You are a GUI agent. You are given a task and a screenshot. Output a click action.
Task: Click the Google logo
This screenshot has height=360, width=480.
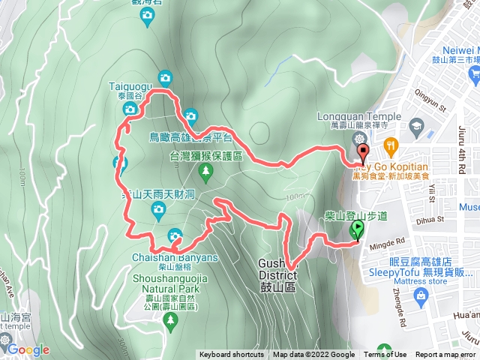[x=28, y=349]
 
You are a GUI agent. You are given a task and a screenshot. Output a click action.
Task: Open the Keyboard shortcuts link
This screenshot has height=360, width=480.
[x=232, y=355]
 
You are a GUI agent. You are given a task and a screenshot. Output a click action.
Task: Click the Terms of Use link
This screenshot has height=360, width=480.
[x=385, y=355]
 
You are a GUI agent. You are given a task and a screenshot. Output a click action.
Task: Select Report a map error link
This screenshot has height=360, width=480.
[x=446, y=355]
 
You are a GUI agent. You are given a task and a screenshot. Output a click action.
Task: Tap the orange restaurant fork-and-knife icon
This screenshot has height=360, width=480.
[x=389, y=145]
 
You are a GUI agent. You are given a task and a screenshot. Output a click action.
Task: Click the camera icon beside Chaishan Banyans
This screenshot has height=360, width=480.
[x=175, y=233]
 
